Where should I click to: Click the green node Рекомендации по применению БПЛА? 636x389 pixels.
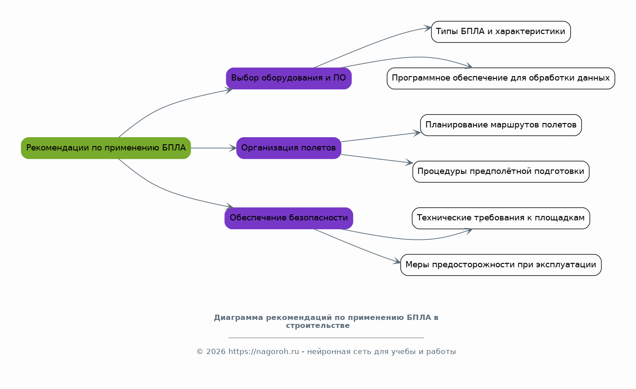pos(106,148)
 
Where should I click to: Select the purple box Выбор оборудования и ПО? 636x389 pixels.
pos(289,78)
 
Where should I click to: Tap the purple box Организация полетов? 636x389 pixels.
pos(289,148)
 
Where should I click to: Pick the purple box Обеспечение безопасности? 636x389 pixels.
pos(289,218)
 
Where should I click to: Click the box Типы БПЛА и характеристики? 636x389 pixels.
pos(501,32)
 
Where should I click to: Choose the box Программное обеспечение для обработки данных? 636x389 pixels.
pos(501,78)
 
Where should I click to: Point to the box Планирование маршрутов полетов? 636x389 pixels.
pos(501,125)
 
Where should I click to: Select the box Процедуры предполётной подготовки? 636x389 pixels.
pos(501,172)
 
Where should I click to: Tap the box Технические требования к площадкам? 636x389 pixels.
pos(501,218)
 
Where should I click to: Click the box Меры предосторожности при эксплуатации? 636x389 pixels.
pos(501,265)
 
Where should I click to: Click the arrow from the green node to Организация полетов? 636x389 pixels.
pos(213,148)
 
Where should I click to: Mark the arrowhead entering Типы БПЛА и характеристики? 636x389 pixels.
pos(428,28)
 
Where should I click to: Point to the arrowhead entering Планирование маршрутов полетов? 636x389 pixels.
pos(417,133)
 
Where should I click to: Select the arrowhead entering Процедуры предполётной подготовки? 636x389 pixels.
pos(409,162)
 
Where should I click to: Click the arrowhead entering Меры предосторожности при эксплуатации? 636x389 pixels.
pos(397,261)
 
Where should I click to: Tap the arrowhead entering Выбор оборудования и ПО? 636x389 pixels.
pos(229,90)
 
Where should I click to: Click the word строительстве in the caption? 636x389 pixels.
pos(318,326)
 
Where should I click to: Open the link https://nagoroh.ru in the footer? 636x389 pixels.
pos(263,351)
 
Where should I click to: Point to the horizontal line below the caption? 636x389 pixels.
pos(326,338)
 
